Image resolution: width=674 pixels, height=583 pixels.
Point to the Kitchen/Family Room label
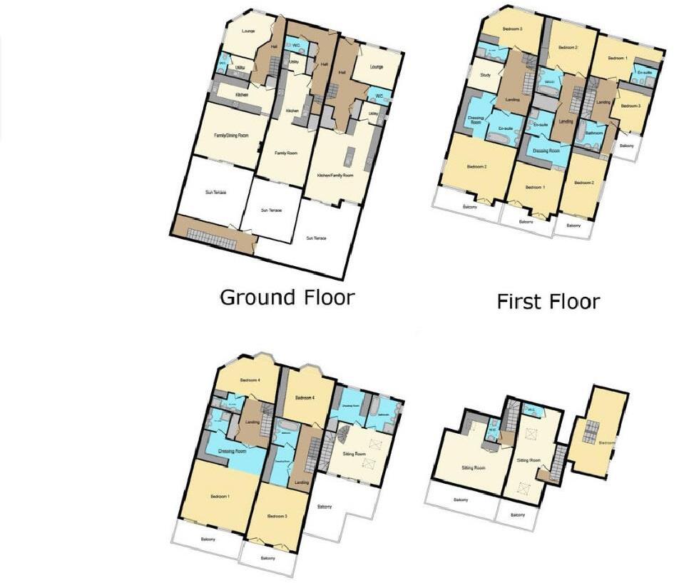(337, 175)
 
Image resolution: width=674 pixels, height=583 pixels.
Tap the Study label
(486, 75)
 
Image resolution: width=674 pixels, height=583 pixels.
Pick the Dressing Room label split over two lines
(476, 119)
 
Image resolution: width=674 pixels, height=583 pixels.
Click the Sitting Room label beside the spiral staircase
(354, 454)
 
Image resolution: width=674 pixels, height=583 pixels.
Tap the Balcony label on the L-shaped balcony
(325, 507)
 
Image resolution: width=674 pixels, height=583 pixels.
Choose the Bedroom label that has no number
(608, 442)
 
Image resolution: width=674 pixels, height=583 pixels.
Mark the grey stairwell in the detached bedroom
(590, 434)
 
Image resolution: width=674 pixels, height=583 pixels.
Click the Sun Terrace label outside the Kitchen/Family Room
(316, 238)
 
